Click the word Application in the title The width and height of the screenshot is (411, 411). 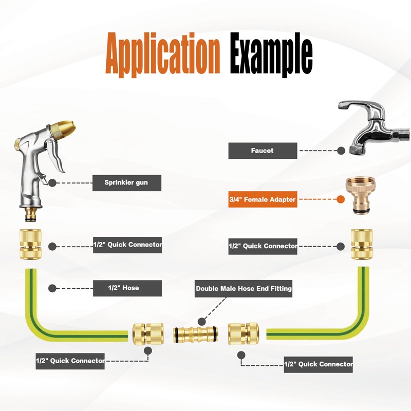(162, 55)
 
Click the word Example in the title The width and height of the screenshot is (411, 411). (271, 55)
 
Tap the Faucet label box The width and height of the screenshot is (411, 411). (263, 151)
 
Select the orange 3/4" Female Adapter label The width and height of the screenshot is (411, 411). (263, 199)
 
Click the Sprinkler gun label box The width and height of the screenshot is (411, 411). (127, 183)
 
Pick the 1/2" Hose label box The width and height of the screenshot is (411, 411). (127, 288)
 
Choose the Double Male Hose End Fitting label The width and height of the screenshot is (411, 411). (244, 289)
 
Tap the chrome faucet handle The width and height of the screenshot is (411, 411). (360, 107)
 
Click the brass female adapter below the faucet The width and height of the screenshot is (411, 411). (361, 195)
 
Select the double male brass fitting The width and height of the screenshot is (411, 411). (195, 334)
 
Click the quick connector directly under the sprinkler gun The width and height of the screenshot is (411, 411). (31, 245)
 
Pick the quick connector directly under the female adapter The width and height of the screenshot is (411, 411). (362, 245)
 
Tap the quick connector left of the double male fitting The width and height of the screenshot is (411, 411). (148, 333)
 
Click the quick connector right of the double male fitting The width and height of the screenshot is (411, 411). (244, 333)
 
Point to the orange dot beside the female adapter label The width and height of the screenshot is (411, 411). (341, 199)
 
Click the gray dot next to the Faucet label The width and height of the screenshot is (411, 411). (341, 151)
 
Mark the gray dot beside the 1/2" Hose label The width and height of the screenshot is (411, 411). (52, 288)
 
